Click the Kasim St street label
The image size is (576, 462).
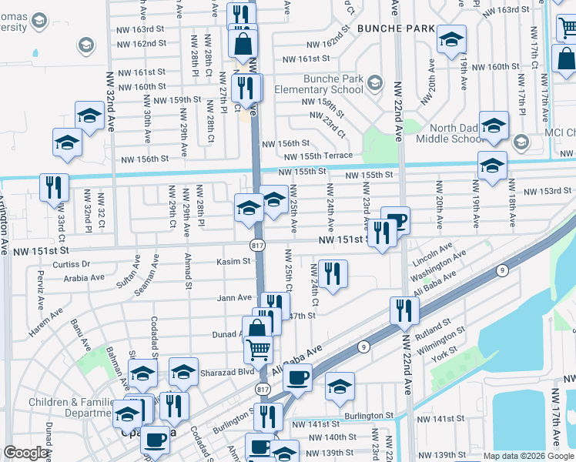click(235, 261)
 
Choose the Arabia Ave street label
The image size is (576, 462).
click(85, 279)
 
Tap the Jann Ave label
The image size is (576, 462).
click(235, 297)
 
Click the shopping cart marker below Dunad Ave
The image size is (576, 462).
click(259, 350)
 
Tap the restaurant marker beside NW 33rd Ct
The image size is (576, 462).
click(54, 187)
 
